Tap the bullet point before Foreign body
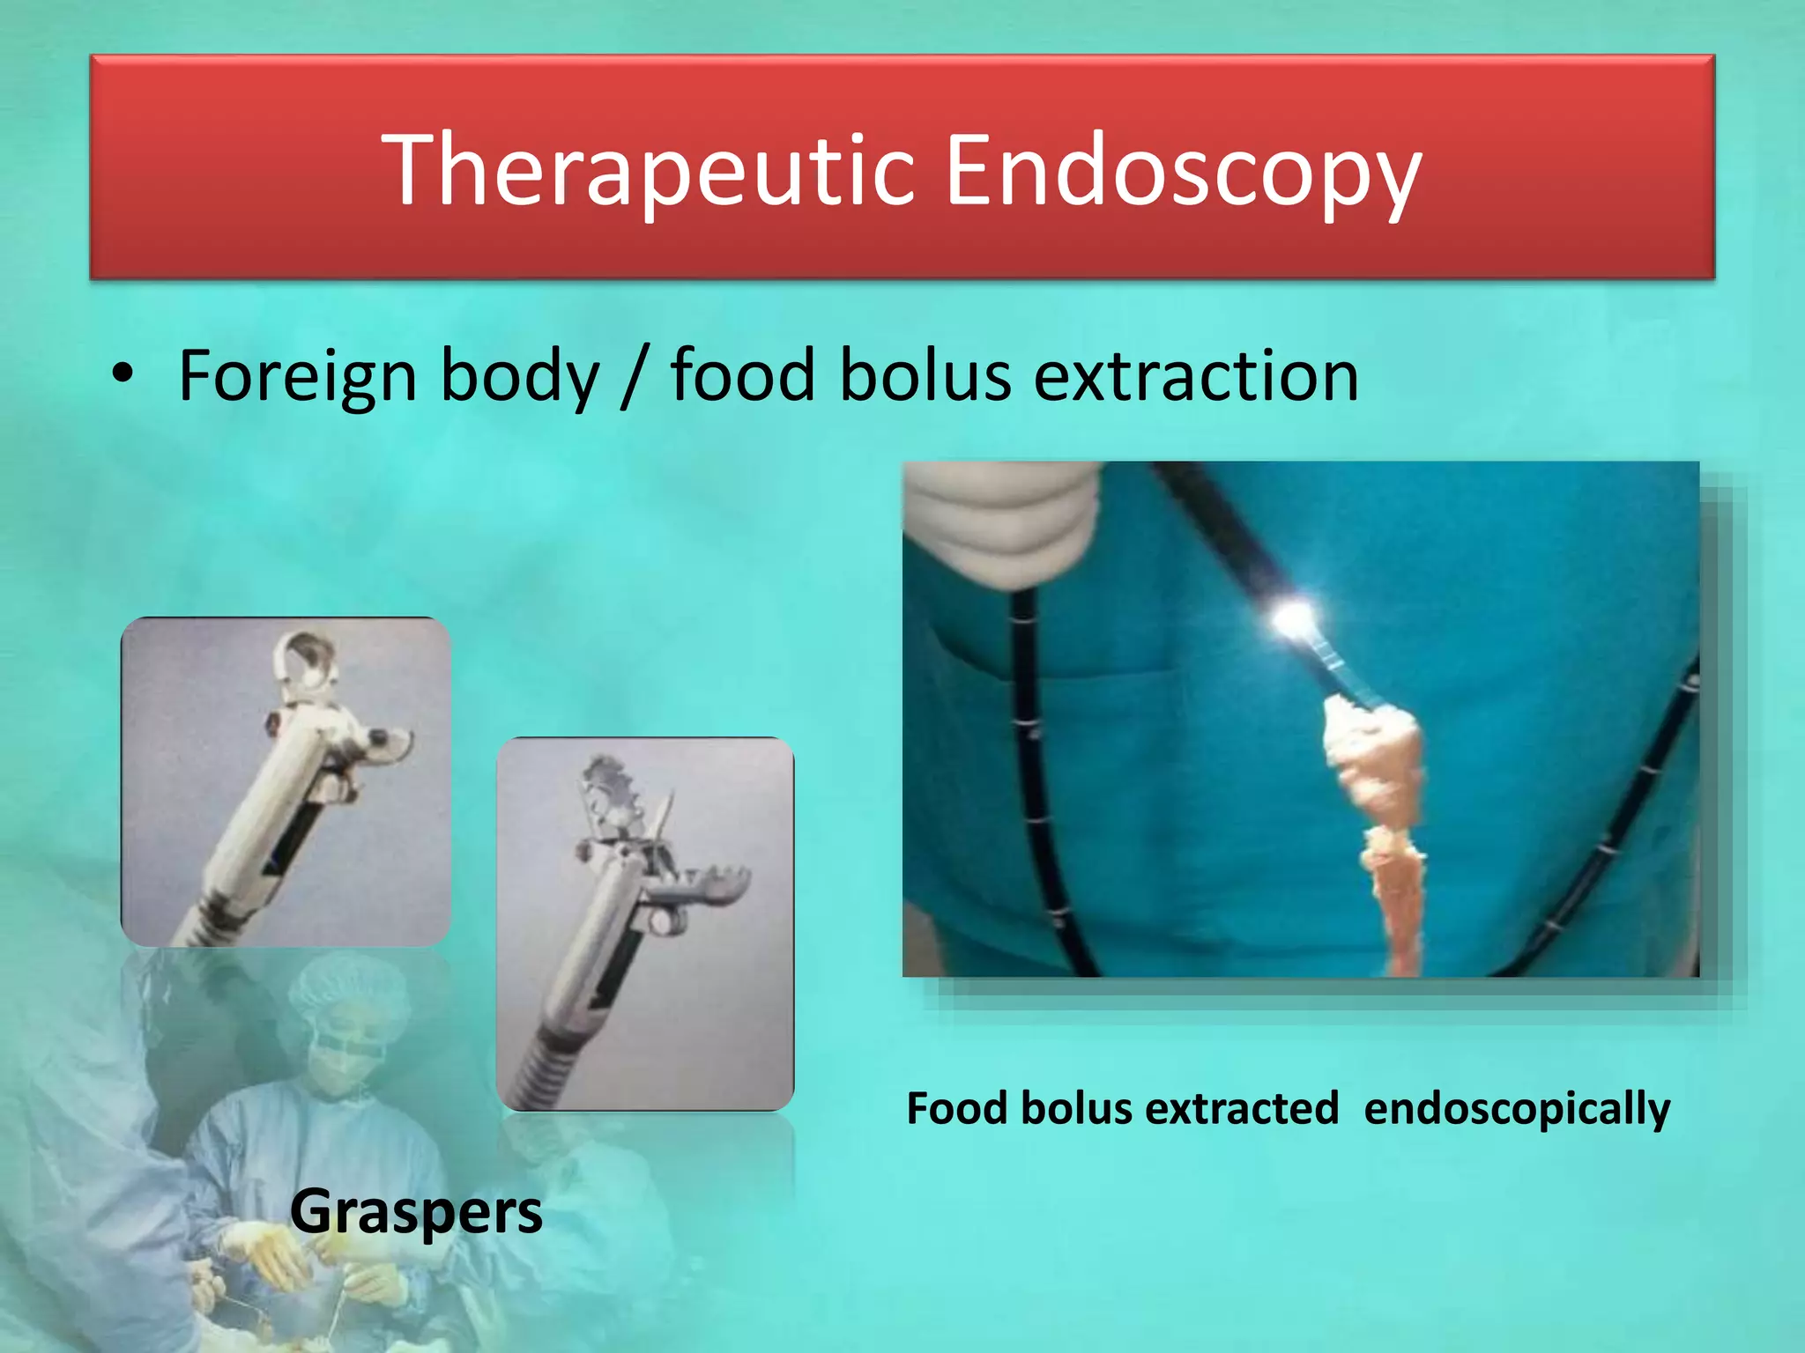click(123, 373)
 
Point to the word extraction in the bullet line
click(1195, 376)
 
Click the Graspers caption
click(416, 1212)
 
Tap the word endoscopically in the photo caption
click(1516, 1109)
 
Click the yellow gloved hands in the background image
click(291, 1251)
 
